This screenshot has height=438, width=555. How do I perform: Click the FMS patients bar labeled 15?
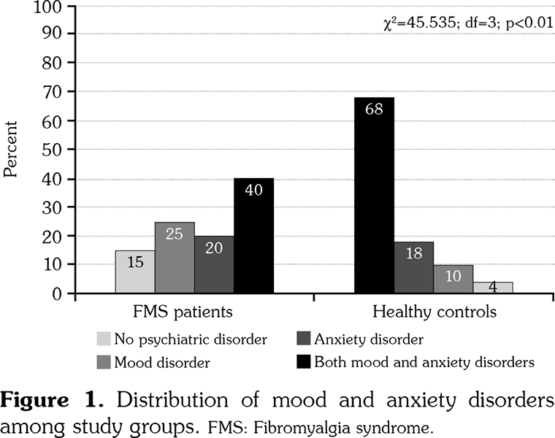coord(135,272)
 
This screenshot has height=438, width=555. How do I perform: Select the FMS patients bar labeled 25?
coord(175,258)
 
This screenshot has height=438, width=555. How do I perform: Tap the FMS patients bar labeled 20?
coord(214,265)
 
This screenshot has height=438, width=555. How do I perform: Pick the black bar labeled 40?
coord(253,236)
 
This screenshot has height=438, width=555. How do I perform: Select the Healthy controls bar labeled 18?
coord(413,268)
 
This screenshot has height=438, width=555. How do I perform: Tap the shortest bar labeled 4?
coord(492,288)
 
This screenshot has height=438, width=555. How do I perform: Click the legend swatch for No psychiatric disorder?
coord(104,339)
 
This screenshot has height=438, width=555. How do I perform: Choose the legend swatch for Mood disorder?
coord(104,361)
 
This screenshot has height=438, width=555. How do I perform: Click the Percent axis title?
coord(11,150)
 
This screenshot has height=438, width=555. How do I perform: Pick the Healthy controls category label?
coord(435,312)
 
